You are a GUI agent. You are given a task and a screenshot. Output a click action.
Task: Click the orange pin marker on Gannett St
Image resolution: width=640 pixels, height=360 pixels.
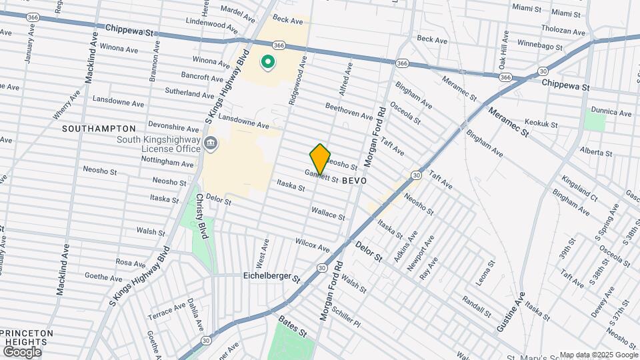click(x=320, y=159)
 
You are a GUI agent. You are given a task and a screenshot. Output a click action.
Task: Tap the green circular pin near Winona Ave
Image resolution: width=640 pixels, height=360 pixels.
click(x=268, y=63)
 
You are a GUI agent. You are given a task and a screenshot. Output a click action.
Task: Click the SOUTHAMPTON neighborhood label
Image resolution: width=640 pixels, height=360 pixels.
click(x=99, y=128)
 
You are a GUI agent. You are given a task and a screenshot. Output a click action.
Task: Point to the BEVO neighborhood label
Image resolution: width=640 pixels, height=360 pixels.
click(x=355, y=181)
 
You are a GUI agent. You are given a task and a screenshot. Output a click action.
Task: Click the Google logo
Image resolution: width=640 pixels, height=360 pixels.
click(x=21, y=352)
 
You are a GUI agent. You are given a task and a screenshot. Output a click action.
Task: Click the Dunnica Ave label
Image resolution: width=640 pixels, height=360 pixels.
click(x=614, y=113)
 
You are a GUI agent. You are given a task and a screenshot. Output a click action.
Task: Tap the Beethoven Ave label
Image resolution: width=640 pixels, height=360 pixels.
click(x=349, y=111)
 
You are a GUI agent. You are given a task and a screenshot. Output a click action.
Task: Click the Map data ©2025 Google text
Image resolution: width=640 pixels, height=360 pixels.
click(x=597, y=355)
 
